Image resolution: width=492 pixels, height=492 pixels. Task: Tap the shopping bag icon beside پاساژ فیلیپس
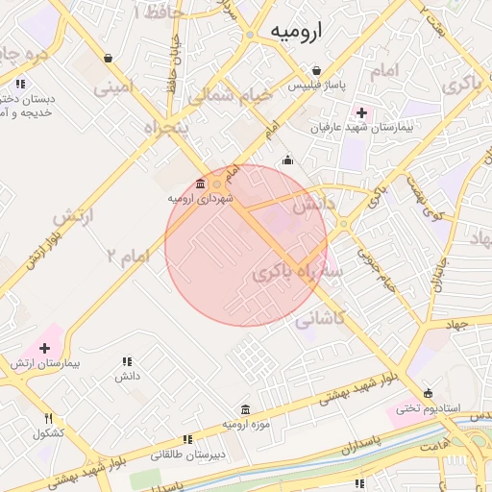[x=316, y=70]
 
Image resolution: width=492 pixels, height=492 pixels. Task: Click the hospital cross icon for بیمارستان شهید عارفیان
[x=360, y=112]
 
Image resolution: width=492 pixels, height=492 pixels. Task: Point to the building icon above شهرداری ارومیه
[x=200, y=184]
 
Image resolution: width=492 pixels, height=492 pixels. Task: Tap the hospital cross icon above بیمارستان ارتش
[x=44, y=347]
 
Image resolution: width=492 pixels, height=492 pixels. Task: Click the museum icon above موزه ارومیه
[x=246, y=408]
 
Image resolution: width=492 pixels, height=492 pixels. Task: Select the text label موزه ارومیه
[x=247, y=424]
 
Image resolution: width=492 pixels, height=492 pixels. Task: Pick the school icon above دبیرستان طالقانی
[x=187, y=438]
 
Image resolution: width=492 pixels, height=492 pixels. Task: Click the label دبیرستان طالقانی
[x=192, y=454]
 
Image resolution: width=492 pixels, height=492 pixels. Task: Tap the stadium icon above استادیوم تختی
[x=428, y=393]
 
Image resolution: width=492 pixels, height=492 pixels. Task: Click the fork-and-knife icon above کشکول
[x=48, y=418]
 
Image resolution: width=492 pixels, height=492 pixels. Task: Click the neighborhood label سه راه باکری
[x=297, y=274]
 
